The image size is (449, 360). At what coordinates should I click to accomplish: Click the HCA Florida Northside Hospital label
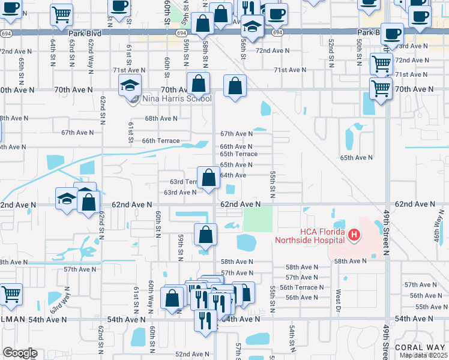[310, 236]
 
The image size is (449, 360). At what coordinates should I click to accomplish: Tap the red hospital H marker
[354, 234]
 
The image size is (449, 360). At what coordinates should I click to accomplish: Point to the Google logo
[20, 353]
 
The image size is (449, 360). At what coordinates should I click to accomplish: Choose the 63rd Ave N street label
[180, 193]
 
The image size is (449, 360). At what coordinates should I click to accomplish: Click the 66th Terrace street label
[160, 140]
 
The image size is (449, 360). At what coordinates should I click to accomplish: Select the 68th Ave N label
[161, 118]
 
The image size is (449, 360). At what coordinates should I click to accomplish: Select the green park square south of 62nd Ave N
[257, 218]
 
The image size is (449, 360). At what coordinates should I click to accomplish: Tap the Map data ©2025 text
[424, 355]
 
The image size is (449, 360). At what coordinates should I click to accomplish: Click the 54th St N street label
[291, 339]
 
